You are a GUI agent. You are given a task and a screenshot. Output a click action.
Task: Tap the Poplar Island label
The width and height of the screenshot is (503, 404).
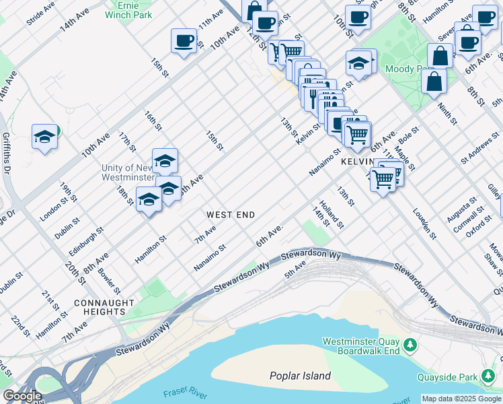(x=300, y=376)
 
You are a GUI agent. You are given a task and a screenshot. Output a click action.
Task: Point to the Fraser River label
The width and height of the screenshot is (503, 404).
(x=182, y=392)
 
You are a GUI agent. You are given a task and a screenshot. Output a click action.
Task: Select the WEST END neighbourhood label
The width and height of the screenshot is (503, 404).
(x=230, y=215)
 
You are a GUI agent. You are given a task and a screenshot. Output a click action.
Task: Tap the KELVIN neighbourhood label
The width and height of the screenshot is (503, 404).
(x=357, y=163)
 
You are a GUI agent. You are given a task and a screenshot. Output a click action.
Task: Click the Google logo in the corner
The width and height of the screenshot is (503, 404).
(x=22, y=396)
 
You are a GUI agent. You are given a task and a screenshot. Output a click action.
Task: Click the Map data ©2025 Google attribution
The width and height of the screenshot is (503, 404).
(x=461, y=399)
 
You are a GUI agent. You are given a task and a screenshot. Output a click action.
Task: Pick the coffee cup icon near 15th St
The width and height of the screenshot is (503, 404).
(x=183, y=41)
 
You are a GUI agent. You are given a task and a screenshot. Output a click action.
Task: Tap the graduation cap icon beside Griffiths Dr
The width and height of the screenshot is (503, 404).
(x=44, y=137)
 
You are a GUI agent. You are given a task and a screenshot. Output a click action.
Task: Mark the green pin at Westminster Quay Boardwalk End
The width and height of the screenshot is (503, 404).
(x=410, y=346)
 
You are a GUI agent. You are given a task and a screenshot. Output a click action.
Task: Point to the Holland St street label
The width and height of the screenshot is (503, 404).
(x=332, y=214)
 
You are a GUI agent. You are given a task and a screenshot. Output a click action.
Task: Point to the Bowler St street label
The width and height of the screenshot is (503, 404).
(x=109, y=281)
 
